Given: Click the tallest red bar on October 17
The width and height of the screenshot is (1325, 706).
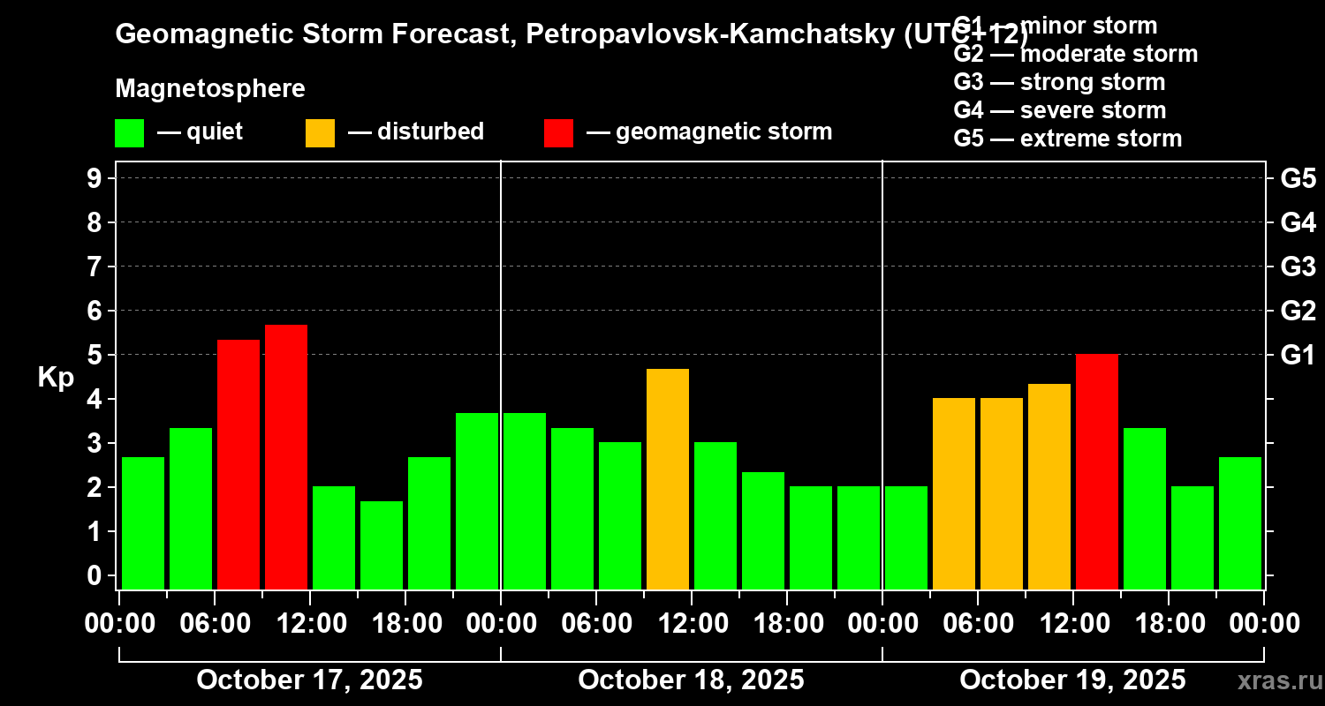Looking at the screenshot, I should tap(286, 456).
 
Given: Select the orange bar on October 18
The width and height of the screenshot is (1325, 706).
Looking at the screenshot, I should tap(668, 478).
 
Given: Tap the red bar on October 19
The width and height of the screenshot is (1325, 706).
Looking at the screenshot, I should tap(1097, 471).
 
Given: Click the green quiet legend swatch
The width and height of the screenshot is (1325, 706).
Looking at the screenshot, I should tap(130, 132).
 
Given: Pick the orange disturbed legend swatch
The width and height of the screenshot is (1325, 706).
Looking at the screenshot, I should tap(321, 132).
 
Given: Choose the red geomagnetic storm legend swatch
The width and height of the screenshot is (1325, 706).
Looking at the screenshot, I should tap(559, 132).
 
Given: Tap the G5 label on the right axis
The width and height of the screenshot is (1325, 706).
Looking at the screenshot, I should tap(1298, 178).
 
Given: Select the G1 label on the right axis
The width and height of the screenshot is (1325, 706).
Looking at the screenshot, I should tap(1298, 355).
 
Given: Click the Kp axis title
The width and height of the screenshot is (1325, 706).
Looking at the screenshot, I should tap(56, 377).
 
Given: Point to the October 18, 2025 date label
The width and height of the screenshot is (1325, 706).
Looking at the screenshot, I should tap(691, 680).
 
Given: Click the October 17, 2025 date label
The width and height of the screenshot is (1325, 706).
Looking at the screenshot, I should tap(309, 680).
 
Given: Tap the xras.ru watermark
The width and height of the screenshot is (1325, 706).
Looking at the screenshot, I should tap(1276, 681).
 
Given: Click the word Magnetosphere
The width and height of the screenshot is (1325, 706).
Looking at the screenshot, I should tap(210, 89).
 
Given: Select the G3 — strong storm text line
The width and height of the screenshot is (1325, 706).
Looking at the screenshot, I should tap(1059, 82).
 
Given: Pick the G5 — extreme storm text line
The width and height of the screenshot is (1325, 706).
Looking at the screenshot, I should tap(1067, 139).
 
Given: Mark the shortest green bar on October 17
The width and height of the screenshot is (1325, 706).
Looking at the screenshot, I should tap(382, 545).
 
